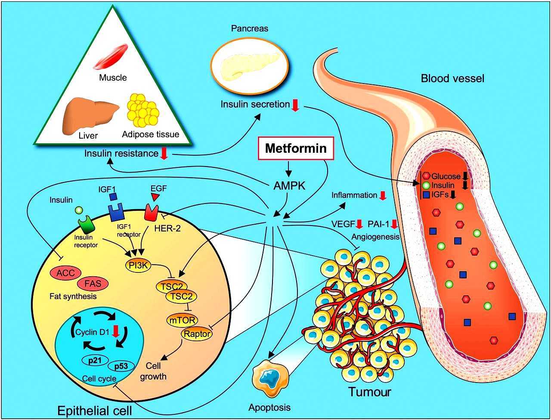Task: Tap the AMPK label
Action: pyautogui.click(x=289, y=186)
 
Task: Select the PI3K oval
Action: pyautogui.click(x=138, y=266)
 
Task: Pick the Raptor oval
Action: pyautogui.click(x=197, y=334)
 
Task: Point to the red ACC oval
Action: pyautogui.click(x=65, y=273)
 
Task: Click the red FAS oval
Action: pyautogui.click(x=93, y=284)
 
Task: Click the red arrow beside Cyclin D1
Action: pyautogui.click(x=115, y=332)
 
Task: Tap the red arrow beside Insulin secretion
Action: pyautogui.click(x=295, y=105)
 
